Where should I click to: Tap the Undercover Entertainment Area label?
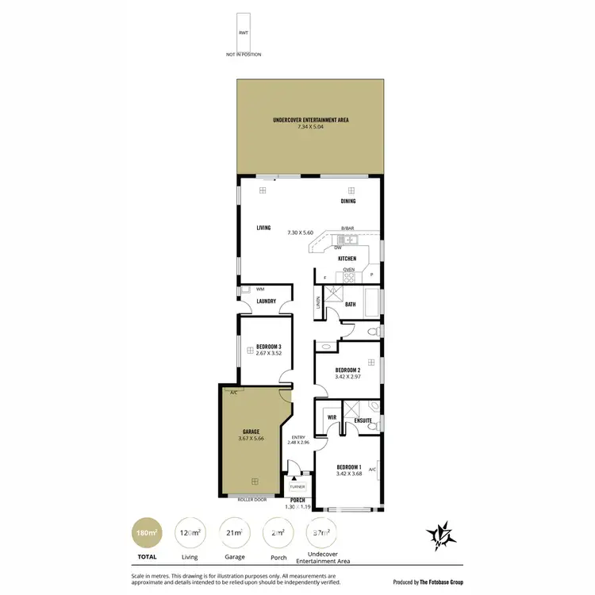310,121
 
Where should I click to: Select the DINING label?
349,202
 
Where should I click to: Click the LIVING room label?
263,228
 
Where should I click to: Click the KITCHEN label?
347,259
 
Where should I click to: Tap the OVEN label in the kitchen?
348,270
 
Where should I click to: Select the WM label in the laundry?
260,290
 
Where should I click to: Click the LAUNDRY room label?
266,301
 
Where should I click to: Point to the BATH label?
350,305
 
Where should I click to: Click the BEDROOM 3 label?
269,347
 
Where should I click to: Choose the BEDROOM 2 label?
348,370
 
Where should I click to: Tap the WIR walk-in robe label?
332,416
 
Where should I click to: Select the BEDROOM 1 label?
348,466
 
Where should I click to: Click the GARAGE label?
251,432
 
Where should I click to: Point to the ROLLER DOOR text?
251,500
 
